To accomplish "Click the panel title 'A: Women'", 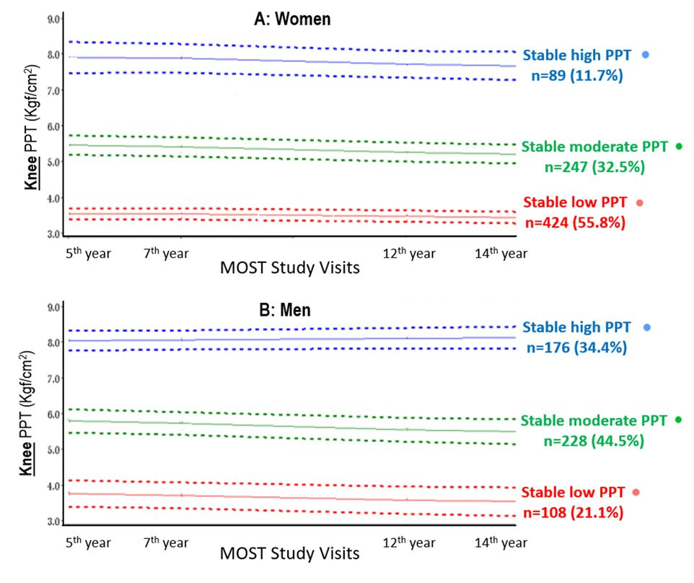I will tap(292, 20).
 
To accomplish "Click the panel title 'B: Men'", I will tap(284, 311).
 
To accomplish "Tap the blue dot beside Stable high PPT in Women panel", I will tap(646, 54).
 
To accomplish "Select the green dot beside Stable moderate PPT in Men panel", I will tap(678, 420).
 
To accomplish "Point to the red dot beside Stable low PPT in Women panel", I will tap(639, 203).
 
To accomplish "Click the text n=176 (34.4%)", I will tap(576, 347).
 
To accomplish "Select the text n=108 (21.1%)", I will tap(574, 512).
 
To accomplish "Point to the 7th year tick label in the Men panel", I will tap(165, 543).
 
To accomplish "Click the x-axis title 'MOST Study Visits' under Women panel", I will tap(289, 268).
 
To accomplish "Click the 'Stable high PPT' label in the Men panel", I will tap(578, 327).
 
